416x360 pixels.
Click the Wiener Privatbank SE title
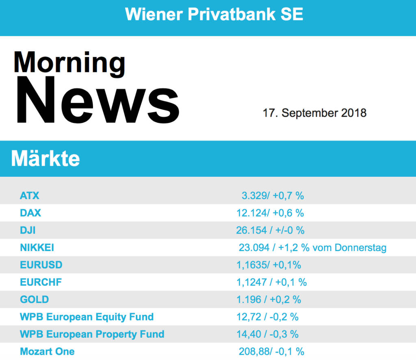click(214, 15)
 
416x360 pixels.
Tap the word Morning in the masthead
click(69, 63)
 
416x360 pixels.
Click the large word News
click(97, 101)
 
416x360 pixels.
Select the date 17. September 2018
click(314, 113)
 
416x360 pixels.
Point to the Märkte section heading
click(45, 158)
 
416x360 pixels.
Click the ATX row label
click(30, 195)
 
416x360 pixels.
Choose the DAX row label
click(30, 213)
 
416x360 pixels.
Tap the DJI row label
click(28, 230)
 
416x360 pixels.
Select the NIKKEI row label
click(37, 247)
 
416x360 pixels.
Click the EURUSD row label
click(41, 265)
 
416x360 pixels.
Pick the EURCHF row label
click(41, 282)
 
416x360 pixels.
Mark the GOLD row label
click(34, 299)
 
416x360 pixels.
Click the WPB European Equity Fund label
click(87, 317)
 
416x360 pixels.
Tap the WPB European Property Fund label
click(92, 334)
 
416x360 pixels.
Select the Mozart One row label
click(47, 351)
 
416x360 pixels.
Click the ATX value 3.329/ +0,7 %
click(273, 195)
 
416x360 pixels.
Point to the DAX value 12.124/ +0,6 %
click(270, 213)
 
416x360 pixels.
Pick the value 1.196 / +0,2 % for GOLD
click(269, 299)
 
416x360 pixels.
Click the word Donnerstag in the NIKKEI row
click(360, 247)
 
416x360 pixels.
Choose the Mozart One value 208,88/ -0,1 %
click(271, 351)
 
